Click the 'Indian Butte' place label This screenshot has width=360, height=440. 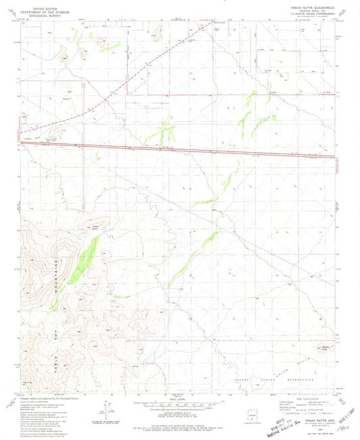coord(95,226)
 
